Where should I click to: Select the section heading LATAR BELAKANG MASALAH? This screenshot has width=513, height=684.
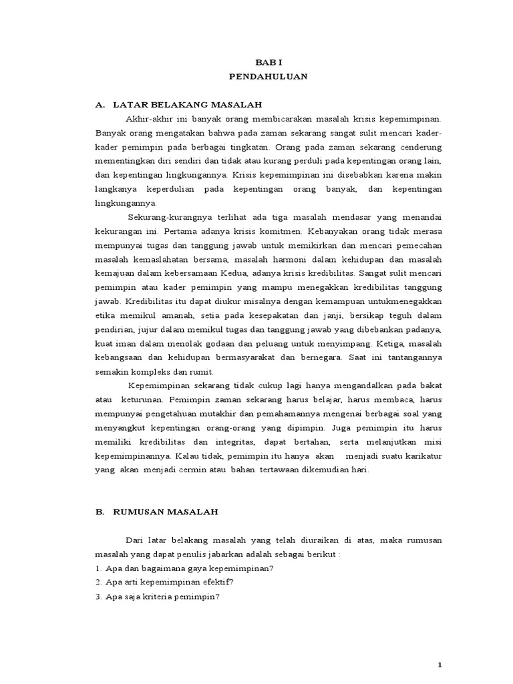tap(187, 105)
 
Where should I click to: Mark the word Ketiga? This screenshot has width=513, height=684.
tap(389, 343)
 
